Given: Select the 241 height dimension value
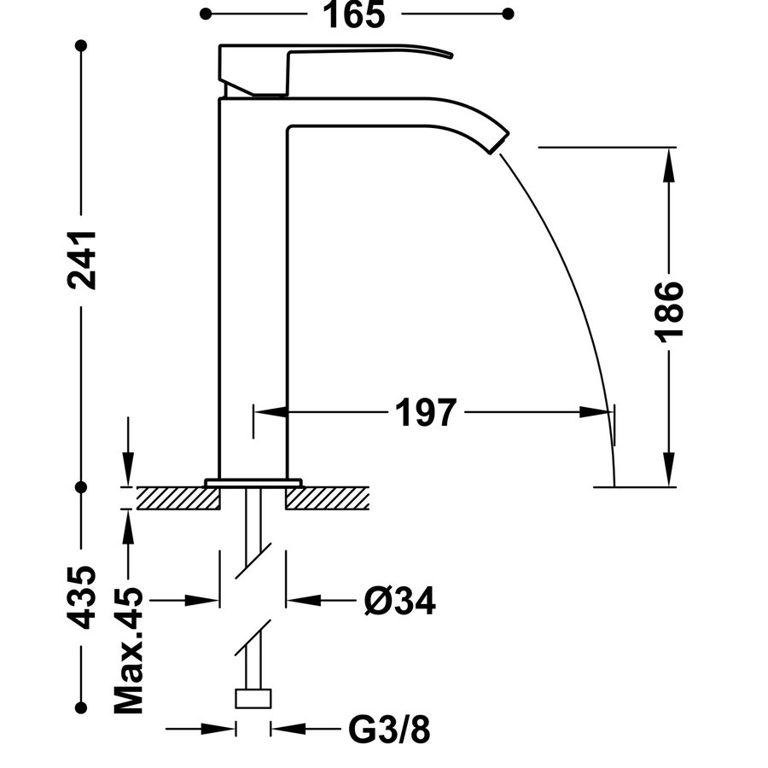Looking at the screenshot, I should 82,259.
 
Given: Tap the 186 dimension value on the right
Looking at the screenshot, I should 671,311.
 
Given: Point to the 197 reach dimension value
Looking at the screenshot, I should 426,413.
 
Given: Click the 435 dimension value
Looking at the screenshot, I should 82,596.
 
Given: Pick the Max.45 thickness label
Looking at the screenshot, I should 129,651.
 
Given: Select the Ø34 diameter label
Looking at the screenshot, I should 399,602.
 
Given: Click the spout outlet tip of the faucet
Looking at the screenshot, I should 497,142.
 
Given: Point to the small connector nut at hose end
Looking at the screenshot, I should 253,700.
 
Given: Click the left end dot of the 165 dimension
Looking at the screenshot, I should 206,14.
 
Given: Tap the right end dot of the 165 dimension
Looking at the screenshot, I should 509,14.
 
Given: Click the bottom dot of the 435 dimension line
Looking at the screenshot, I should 82,707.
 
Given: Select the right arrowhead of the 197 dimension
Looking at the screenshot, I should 602,412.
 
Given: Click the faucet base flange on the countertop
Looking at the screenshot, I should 253,483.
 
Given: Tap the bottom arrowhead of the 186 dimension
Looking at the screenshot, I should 671,474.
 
